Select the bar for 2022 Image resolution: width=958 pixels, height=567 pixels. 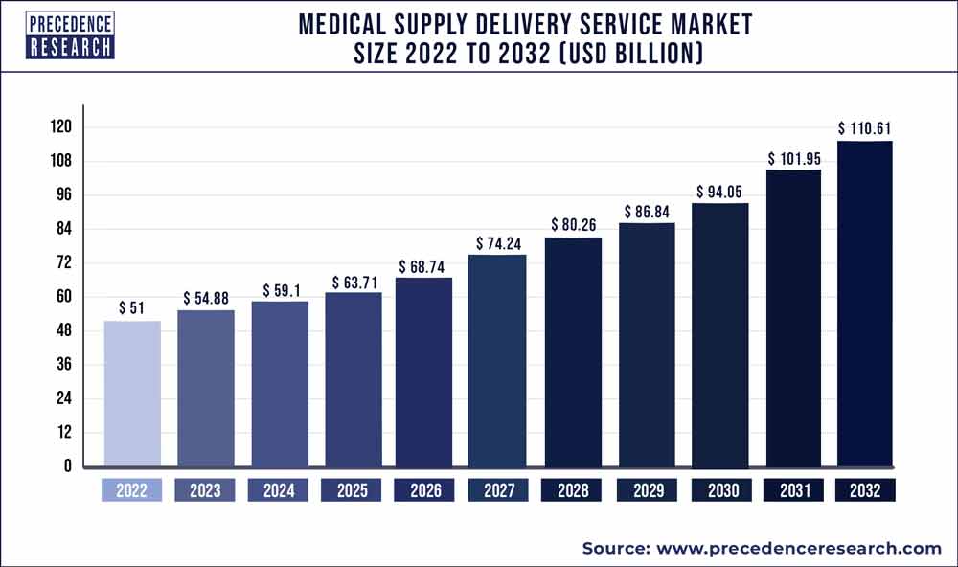132,394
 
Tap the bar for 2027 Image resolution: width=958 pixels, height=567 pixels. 496,361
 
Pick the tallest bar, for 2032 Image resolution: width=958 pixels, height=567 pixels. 865,304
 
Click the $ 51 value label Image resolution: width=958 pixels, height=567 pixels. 132,307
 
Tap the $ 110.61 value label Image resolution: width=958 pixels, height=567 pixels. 865,127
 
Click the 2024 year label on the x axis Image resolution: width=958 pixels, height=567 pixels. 278,490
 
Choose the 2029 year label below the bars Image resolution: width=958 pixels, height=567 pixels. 645,490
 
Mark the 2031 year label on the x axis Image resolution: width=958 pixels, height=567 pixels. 791,490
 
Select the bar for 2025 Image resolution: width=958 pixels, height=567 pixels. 352,379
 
